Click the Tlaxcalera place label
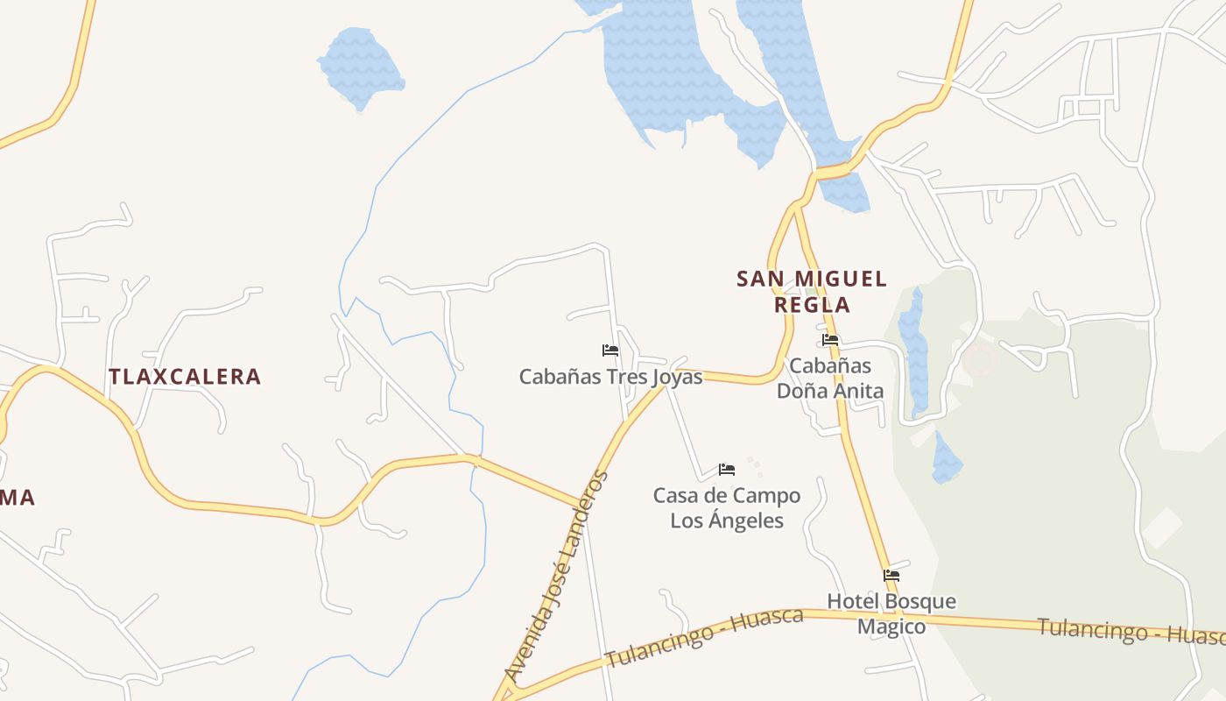(185, 377)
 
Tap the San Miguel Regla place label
(812, 292)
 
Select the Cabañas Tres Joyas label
(610, 377)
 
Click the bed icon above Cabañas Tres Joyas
(610, 350)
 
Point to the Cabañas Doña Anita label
(830, 378)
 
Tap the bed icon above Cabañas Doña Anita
(830, 340)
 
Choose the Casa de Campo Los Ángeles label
(727, 508)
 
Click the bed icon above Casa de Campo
(727, 470)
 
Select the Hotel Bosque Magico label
(891, 614)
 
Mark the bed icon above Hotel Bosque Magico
(891, 576)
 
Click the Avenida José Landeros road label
(556, 578)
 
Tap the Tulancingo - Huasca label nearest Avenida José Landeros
(704, 636)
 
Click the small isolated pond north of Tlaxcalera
(360, 67)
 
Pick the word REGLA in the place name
(812, 305)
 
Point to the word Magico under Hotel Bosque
(891, 627)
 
